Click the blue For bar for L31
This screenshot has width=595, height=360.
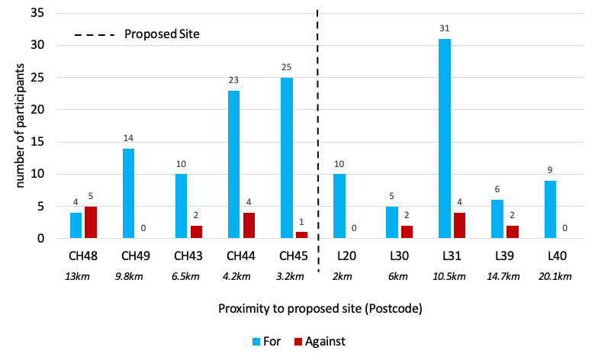[445, 139]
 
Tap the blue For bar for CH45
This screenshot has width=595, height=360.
[287, 158]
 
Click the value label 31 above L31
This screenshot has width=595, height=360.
[445, 29]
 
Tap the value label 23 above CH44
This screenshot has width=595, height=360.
[234, 80]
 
